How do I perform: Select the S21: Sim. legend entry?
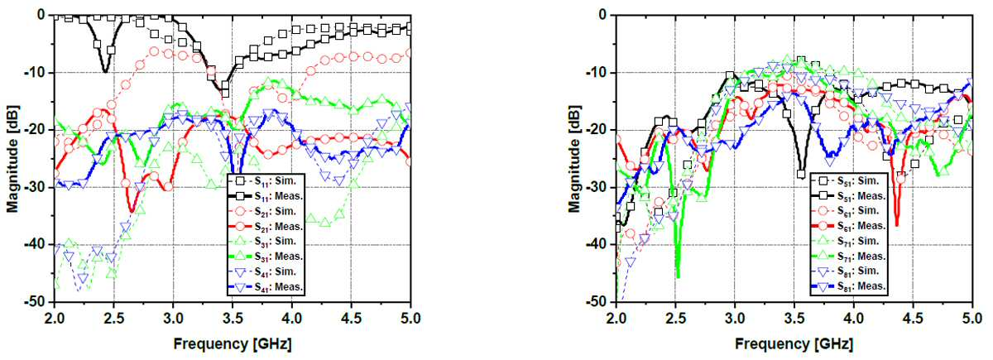(265, 212)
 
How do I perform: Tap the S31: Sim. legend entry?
(265, 241)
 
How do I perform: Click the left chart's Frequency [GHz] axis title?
(233, 344)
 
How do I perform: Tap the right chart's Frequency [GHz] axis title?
(794, 344)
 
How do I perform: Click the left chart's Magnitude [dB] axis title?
(12, 158)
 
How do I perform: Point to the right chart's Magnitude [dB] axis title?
(573, 158)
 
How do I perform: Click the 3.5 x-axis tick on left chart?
(233, 319)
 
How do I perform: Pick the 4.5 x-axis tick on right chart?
(913, 319)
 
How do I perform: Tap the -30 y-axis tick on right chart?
(597, 187)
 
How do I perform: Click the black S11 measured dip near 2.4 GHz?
(104, 71)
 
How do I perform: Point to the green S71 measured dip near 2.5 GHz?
(678, 276)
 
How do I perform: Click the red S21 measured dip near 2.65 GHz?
(132, 211)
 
